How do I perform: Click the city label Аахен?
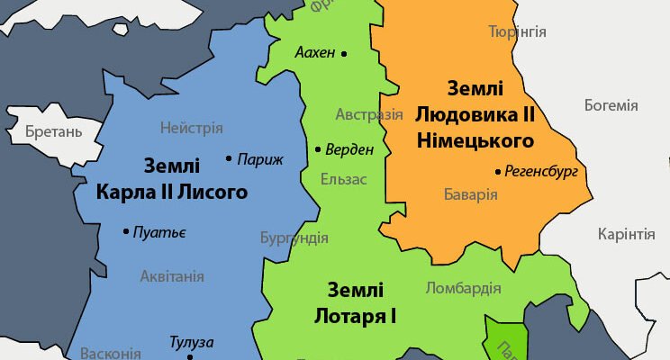pos(314,53)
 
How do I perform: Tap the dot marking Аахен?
pos(343,53)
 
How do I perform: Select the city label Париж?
pos(260,159)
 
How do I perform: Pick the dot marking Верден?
pos(318,149)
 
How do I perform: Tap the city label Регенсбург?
pos(541,171)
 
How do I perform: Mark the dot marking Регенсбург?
pos(498,171)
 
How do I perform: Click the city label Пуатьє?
pos(159,232)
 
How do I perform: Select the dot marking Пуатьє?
pos(125,232)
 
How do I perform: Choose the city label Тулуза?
pos(192,342)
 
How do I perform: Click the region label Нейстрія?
pos(191,128)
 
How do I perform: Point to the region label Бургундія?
pos(294,238)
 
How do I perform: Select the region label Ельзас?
pos(344,179)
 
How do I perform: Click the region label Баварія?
pos(471,193)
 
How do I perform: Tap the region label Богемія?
pos(611,105)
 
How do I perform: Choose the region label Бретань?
pos(54,132)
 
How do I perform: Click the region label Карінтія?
pos(626,235)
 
